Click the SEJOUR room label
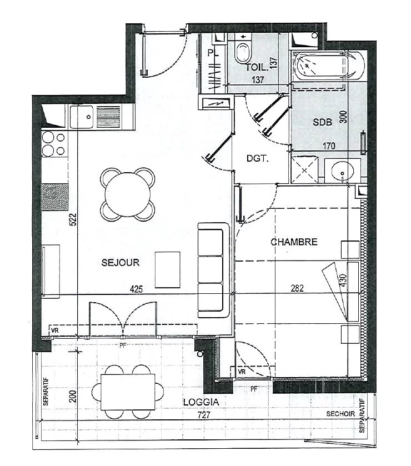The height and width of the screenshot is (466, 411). click(121, 262)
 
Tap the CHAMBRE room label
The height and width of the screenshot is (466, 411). click(294, 242)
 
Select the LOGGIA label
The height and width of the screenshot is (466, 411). click(201, 402)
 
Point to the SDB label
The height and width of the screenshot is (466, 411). click(323, 122)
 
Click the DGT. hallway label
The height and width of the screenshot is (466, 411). click(257, 158)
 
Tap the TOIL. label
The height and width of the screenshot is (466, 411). click(257, 67)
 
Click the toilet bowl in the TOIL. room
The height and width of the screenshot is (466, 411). click(243, 53)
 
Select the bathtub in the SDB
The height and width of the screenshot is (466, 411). click(328, 66)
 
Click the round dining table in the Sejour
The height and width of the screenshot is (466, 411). click(128, 194)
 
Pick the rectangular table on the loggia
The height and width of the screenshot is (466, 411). click(128, 392)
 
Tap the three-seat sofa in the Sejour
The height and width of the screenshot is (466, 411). click(214, 270)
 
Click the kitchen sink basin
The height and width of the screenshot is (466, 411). click(82, 117)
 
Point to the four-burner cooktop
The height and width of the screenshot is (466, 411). click(53, 144)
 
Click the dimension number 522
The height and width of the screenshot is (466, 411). click(73, 219)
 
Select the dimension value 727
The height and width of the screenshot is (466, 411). click(204, 415)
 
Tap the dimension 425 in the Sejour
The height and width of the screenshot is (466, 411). click(136, 289)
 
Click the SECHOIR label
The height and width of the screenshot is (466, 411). click(340, 414)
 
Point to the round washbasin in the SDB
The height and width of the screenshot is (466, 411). click(342, 171)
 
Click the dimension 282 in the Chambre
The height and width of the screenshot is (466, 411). click(297, 288)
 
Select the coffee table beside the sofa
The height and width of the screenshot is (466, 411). click(168, 270)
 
